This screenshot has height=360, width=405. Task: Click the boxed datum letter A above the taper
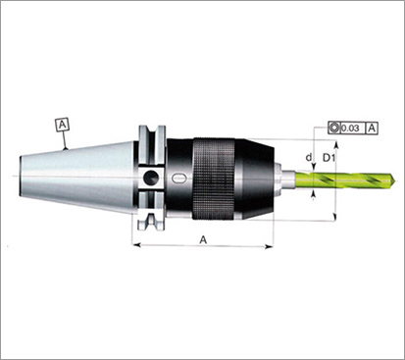[x=63, y=125]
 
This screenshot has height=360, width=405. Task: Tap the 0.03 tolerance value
[x=351, y=129]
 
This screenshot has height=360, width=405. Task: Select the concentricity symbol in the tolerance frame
[x=333, y=128]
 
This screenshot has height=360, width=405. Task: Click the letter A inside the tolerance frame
[x=372, y=128]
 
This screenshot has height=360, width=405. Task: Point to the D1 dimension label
[x=329, y=158]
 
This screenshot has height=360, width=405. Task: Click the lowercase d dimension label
[x=309, y=157]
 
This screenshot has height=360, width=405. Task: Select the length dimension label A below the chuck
[x=203, y=240]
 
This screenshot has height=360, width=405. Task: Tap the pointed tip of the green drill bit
[x=395, y=180]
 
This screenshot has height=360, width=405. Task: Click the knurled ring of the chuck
[x=214, y=179]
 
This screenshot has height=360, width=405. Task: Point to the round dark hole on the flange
[x=151, y=177]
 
